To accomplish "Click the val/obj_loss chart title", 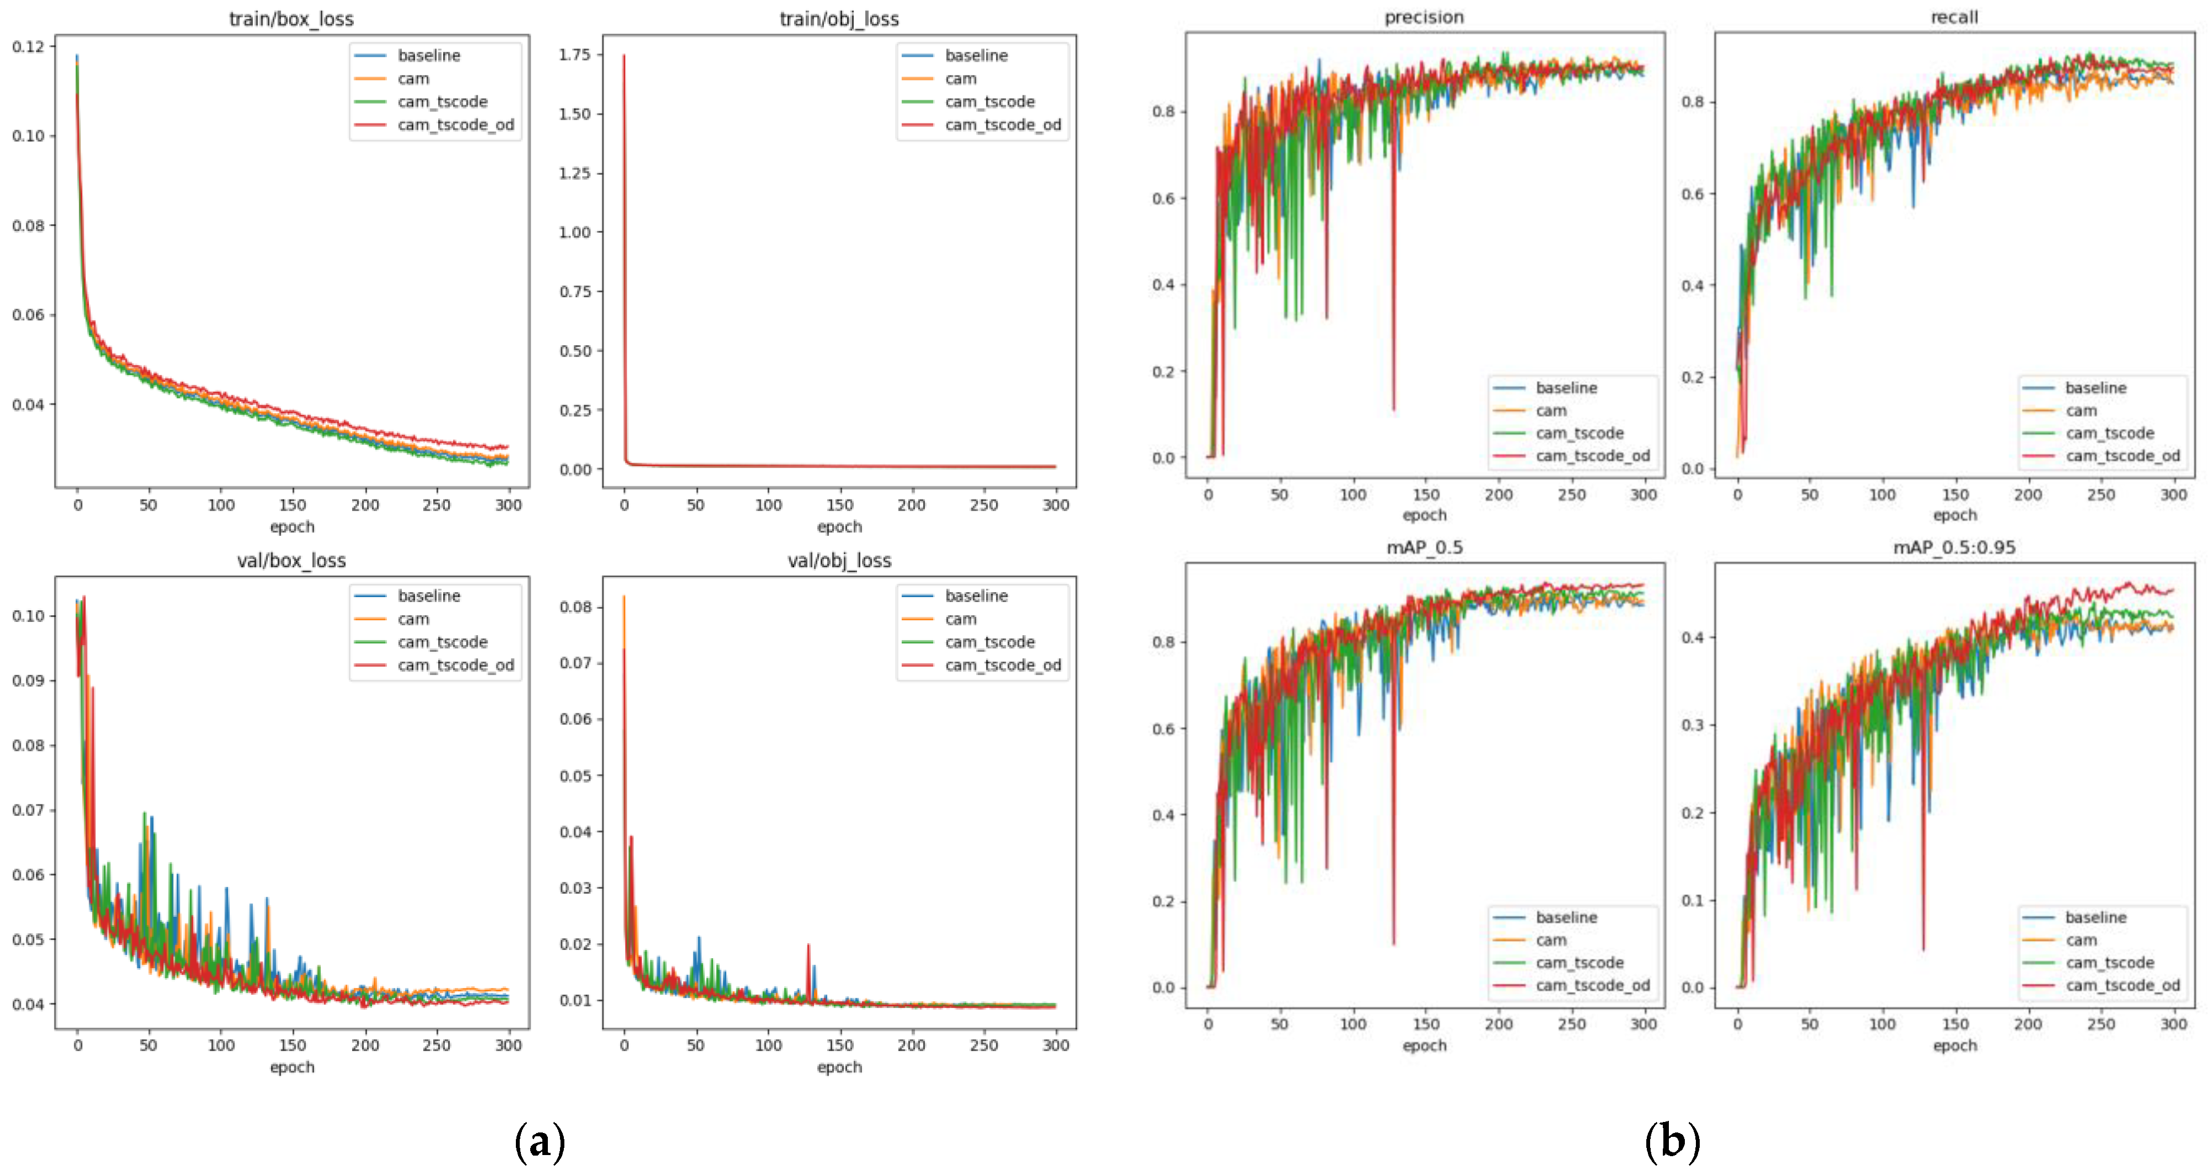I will click(839, 560).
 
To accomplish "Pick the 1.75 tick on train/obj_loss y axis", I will click(574, 55).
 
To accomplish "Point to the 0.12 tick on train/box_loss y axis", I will click(28, 46).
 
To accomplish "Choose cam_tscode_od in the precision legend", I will click(1592, 455).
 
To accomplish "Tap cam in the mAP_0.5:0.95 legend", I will click(2081, 940).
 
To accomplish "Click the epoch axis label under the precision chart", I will click(1424, 514).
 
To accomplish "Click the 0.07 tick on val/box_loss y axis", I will click(28, 810).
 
